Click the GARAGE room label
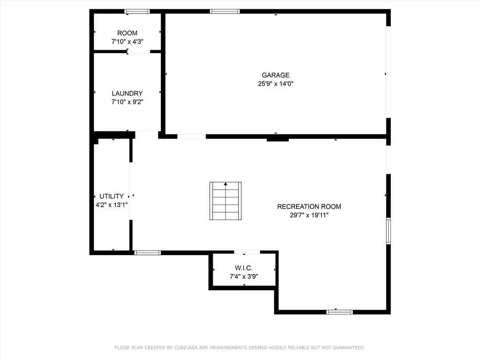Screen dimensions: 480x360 coord(276,75)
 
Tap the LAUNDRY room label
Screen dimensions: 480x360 coord(127,93)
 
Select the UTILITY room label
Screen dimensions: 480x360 coord(112,196)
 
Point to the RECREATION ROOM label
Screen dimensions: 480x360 coord(309,207)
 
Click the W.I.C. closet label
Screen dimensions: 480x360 coord(244,268)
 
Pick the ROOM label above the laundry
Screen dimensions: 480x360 coord(127,33)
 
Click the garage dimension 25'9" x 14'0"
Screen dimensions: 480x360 coord(276,83)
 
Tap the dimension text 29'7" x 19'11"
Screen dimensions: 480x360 coord(309,215)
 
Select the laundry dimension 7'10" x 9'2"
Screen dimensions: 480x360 coord(127,102)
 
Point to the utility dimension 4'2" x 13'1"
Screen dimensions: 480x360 coord(112,205)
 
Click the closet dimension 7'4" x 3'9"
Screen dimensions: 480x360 coord(244,277)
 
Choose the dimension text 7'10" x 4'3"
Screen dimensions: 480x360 coord(127,42)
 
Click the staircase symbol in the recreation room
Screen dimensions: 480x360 coord(225,201)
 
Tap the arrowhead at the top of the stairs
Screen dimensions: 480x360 coord(225,184)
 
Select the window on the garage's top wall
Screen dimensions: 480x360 coord(225,12)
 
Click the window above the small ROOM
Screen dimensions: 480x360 coord(137,12)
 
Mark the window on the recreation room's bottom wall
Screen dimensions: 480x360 coord(339,312)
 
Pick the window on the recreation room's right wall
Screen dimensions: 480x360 coord(389,231)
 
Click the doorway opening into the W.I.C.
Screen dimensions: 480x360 coord(247,252)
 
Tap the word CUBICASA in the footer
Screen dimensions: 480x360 coord(186,348)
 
